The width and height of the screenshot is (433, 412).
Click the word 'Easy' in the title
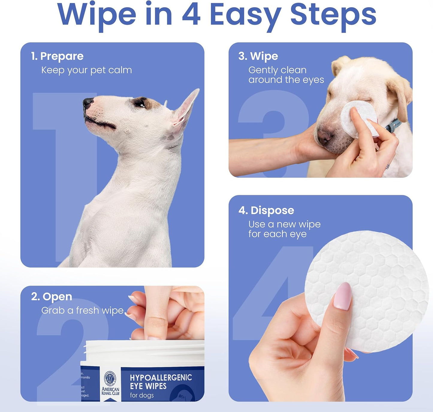coord(245,15)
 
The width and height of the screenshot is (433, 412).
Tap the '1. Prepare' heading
coord(57,56)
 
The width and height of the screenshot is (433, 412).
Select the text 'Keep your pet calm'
coord(87,70)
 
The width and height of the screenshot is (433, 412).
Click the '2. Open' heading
coord(52,296)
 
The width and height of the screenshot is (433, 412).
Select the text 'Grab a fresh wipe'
coord(82,310)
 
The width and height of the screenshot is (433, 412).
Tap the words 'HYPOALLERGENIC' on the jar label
coord(161,378)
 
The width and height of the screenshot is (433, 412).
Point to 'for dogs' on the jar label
coord(142,395)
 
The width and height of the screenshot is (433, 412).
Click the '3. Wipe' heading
coord(258,56)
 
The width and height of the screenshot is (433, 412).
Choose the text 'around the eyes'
coord(286,80)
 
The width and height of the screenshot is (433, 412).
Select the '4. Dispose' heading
coord(266,210)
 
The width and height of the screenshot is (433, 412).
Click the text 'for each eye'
coord(277,234)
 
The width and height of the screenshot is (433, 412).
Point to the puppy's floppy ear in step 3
coord(400,96)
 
